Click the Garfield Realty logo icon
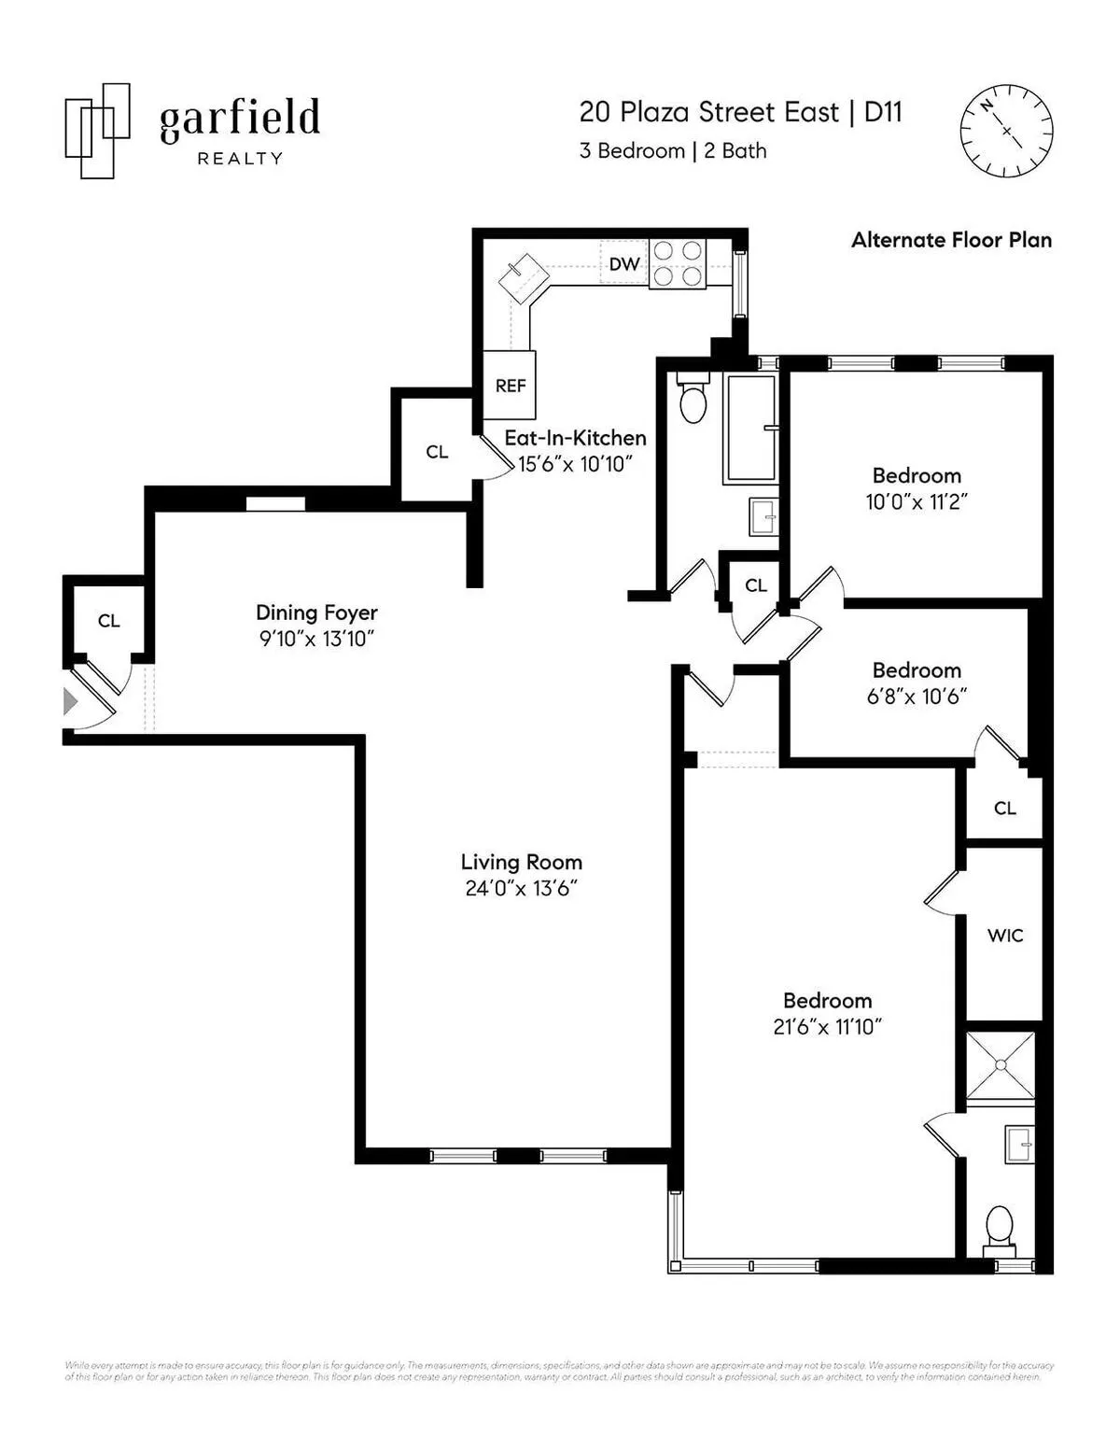tap(97, 131)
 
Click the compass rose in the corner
tap(1007, 131)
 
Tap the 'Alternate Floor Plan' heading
tap(951, 240)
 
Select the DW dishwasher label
tap(623, 264)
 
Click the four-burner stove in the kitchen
tap(678, 263)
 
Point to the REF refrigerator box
tap(510, 386)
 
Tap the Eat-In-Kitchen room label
tap(575, 438)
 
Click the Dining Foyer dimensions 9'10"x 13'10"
tap(316, 639)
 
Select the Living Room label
tap(521, 862)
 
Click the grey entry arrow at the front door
tap(70, 701)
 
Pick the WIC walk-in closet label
tap(1005, 935)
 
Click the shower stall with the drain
tap(1001, 1065)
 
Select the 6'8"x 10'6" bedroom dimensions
tap(917, 697)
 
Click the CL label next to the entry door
tap(108, 621)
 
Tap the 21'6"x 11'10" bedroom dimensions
tap(828, 1027)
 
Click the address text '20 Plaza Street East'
tap(708, 112)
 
